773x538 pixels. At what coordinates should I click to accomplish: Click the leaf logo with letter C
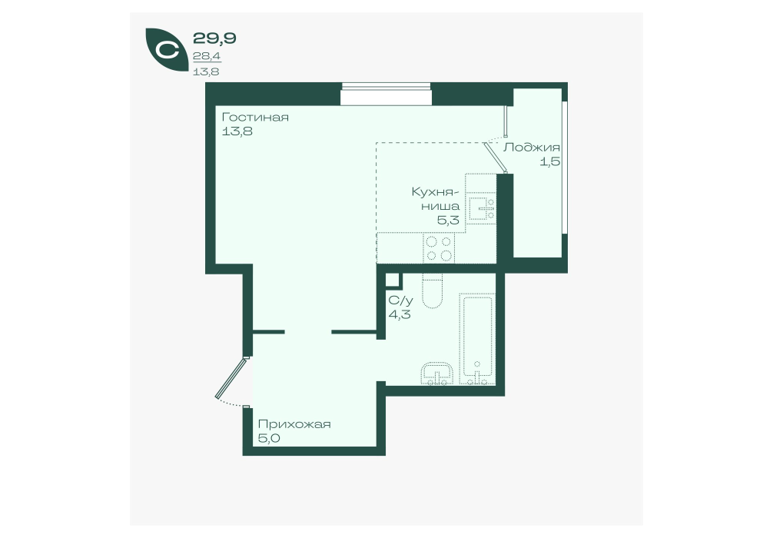click(x=166, y=51)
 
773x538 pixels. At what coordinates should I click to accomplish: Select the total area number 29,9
click(x=214, y=38)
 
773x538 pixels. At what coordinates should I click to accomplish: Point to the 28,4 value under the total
click(x=207, y=57)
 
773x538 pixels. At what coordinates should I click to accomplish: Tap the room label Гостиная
click(x=255, y=118)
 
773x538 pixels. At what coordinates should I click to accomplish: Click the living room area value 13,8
click(x=237, y=131)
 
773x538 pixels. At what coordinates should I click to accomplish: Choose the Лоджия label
click(x=532, y=148)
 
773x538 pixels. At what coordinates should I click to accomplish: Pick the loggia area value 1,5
click(x=549, y=161)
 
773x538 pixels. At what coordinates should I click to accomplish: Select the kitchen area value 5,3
click(x=448, y=220)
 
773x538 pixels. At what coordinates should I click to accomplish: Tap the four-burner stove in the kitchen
click(x=439, y=248)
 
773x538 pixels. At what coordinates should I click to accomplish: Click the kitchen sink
click(x=481, y=208)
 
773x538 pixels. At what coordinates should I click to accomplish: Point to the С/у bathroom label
click(x=401, y=301)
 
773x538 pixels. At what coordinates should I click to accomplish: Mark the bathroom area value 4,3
click(x=400, y=314)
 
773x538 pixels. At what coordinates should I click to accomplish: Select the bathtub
click(x=477, y=339)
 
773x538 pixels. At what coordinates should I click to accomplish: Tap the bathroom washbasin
click(x=437, y=374)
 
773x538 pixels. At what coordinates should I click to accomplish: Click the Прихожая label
click(x=294, y=424)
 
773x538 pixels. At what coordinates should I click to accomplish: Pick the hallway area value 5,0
click(x=269, y=438)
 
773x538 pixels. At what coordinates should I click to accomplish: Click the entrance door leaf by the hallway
click(x=231, y=378)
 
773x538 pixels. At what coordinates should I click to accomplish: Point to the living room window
click(x=386, y=94)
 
